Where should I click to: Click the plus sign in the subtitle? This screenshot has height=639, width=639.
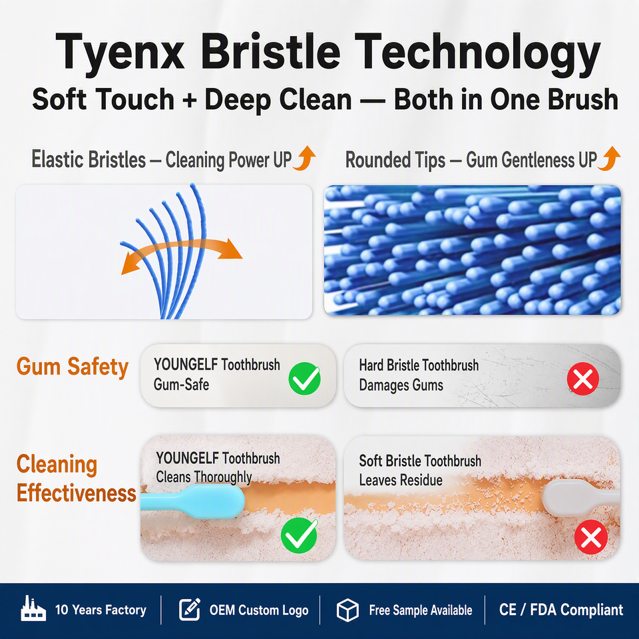point(190,100)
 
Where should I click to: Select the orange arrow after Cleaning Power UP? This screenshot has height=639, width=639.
point(305,158)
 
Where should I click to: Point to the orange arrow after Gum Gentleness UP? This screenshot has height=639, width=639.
point(610,158)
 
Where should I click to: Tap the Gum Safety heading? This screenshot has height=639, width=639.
point(73,367)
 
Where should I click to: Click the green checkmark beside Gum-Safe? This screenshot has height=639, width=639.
point(304,378)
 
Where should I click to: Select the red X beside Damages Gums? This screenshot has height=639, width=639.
point(583,379)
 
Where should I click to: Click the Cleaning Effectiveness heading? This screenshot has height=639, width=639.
point(76,479)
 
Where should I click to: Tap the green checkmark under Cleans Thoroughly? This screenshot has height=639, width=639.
point(299,535)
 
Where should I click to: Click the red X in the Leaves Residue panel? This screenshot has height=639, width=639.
point(591,537)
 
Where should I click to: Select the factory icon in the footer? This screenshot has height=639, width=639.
point(33,608)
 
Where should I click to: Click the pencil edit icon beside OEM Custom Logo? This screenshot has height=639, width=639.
point(190,609)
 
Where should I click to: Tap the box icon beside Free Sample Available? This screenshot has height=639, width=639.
point(347,610)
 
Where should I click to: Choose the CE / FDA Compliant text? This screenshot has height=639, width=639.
point(561,610)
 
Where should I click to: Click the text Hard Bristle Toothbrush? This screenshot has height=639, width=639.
point(419,365)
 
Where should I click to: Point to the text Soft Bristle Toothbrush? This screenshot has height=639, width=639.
point(420,461)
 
